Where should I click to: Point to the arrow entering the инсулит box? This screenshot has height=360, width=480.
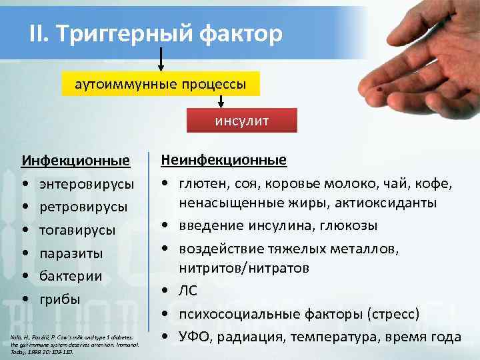coord(221,101)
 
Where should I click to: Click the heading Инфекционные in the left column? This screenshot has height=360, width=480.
coord(75,161)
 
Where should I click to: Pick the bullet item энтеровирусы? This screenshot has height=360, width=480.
coord(86,183)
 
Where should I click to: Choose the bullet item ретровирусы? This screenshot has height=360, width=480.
coord(83,207)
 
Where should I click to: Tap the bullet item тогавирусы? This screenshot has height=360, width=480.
coord(77,230)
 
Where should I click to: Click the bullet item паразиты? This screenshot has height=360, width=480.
coord(71,253)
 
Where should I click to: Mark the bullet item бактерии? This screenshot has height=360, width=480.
coord(71,276)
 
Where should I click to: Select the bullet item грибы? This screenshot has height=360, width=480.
coord(60,299)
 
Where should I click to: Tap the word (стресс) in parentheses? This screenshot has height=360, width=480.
coord(393,313)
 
